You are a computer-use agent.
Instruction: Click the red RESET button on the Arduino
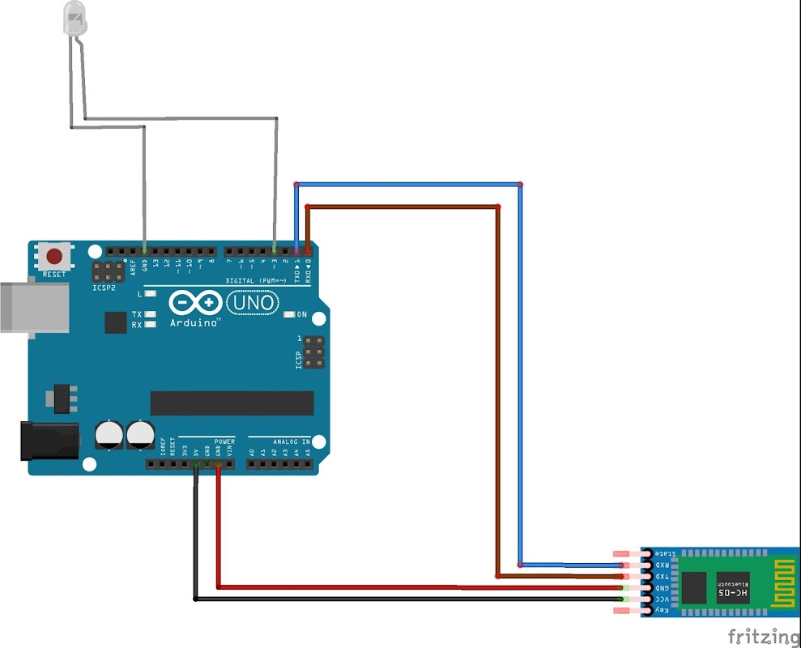coord(54,257)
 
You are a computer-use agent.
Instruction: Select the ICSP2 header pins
coord(108,271)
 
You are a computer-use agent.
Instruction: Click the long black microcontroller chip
coord(232,403)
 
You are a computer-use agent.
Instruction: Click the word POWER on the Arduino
coord(224,442)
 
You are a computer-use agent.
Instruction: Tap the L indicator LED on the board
coord(150,294)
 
